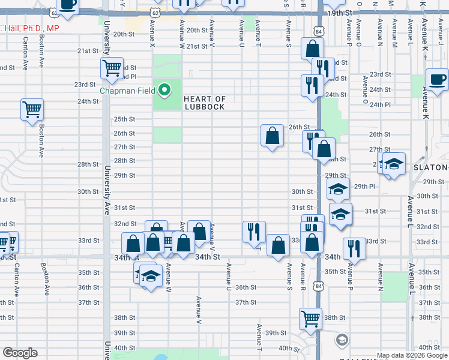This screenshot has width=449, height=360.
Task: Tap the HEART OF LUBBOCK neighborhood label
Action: (205, 103)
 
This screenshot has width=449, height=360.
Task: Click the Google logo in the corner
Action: (20, 353)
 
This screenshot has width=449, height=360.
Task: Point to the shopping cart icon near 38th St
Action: (310, 319)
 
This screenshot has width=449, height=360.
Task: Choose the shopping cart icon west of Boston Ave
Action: (32, 109)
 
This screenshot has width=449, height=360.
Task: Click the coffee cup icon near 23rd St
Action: (437, 79)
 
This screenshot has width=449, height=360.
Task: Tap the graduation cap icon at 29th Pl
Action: (339, 188)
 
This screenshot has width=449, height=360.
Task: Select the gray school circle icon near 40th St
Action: (342, 340)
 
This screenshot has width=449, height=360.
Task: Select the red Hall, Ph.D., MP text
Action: (30, 28)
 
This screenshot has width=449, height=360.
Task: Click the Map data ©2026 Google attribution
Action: (411, 355)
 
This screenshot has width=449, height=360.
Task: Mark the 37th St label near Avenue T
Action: (246, 302)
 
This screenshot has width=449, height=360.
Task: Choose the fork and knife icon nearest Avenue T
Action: (254, 232)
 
